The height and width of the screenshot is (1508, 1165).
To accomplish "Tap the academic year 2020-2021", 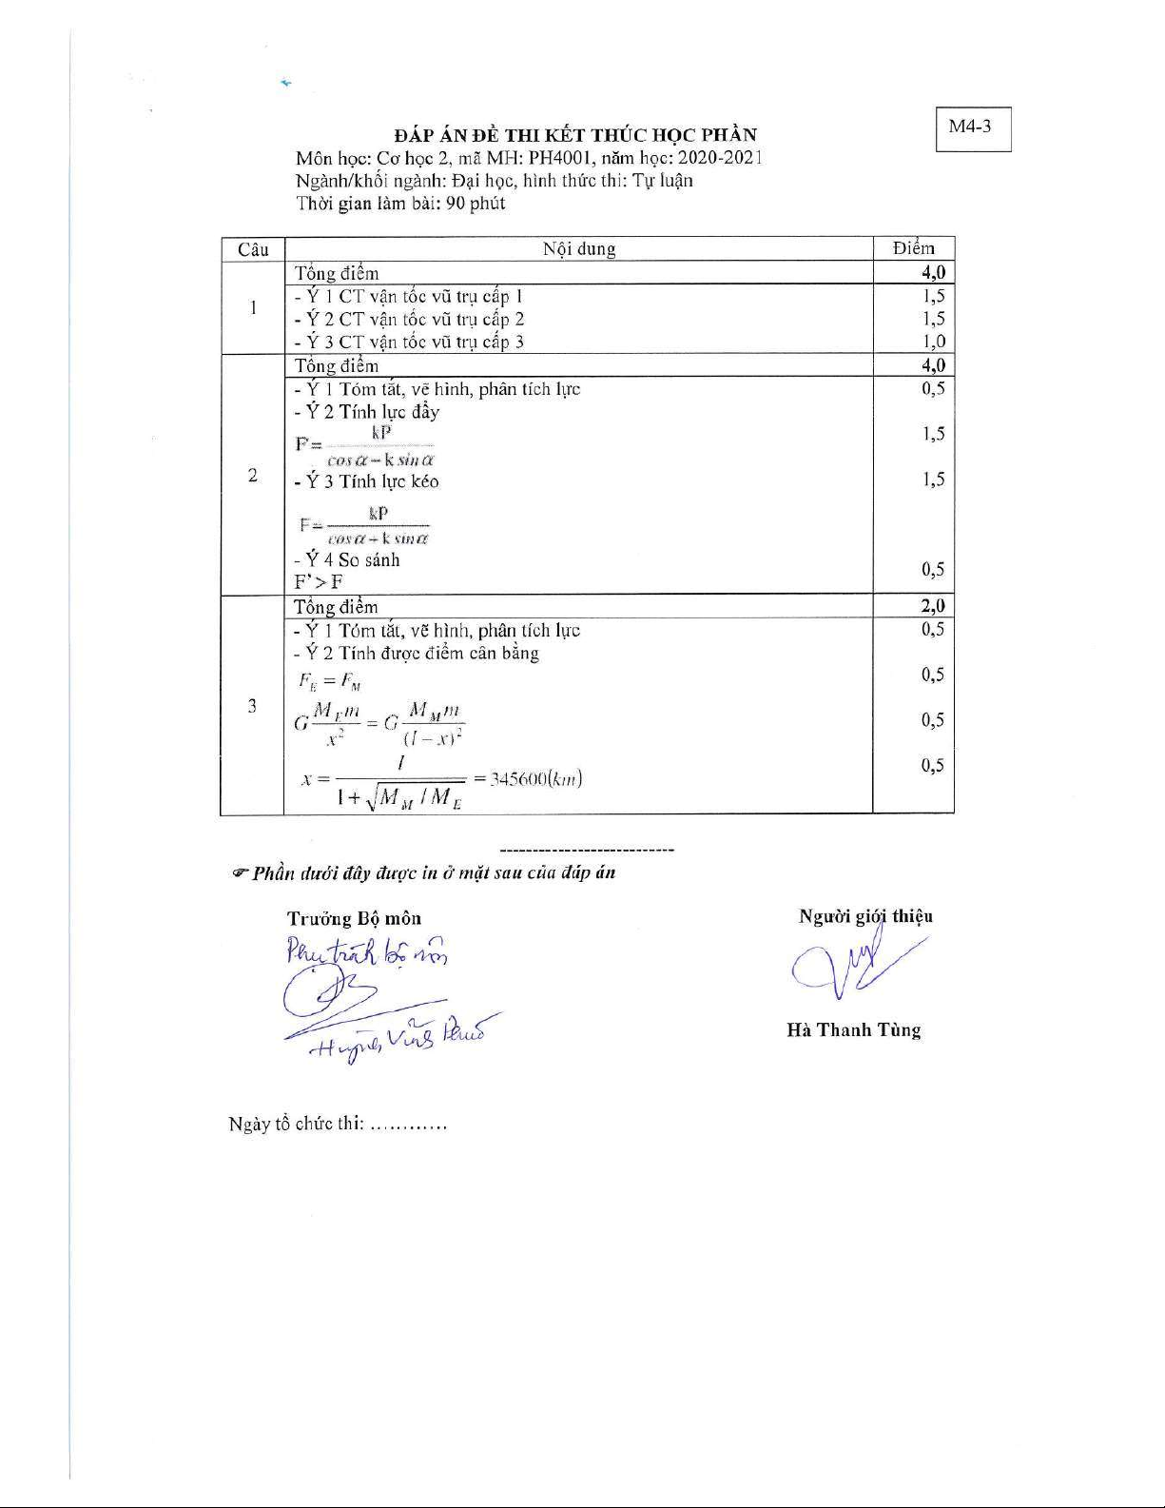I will tap(720, 158).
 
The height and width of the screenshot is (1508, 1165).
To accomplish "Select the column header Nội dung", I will tap(578, 249).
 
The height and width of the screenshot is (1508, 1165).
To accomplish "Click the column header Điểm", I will tap(913, 248).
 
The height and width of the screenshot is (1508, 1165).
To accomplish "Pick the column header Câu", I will tap(253, 249).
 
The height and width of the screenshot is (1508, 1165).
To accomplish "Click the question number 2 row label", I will tap(252, 475).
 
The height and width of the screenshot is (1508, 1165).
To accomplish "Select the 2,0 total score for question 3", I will tap(932, 606).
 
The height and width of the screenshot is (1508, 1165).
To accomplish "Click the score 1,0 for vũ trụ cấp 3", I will tap(933, 342).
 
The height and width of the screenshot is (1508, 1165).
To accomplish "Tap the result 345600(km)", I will tap(535, 779).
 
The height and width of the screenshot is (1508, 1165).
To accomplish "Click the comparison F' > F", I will tap(319, 582).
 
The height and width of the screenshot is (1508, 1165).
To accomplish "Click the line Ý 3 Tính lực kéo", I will tap(366, 481).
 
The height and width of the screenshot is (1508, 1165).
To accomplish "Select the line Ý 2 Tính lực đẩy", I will tap(366, 412).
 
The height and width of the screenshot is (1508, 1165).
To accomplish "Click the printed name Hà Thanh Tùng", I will tap(853, 1030).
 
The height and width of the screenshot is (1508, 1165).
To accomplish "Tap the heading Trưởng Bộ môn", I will tap(354, 918).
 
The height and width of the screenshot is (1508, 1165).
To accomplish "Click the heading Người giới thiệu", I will tap(865, 916).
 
